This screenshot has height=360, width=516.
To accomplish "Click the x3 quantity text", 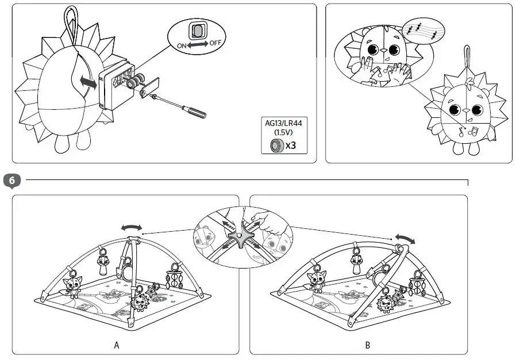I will tap(291, 145).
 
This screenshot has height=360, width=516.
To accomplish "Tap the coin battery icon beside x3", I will tap(276, 145).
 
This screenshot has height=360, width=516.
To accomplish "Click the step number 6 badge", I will tap(12, 181).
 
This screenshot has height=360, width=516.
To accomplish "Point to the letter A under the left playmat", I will tap(117, 345).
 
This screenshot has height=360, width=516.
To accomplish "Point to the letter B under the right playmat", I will tap(368, 346).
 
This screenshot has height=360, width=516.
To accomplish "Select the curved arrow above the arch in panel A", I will tap(131, 228).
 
